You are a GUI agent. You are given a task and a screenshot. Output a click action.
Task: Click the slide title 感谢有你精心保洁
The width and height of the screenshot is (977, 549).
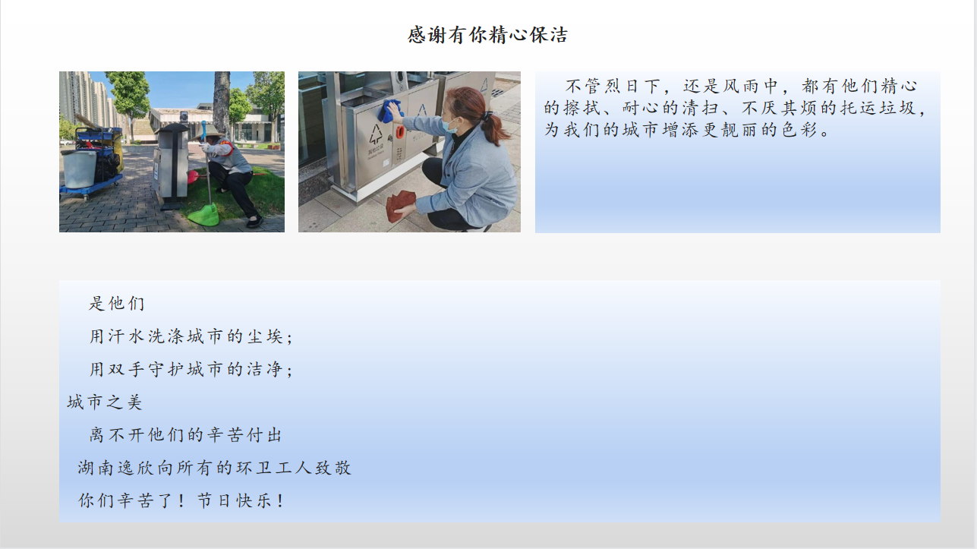pos(487,35)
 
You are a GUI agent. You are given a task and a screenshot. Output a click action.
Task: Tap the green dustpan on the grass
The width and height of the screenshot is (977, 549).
pos(204,214)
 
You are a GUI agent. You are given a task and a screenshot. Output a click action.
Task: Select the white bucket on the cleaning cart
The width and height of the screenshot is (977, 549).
pos(80,169)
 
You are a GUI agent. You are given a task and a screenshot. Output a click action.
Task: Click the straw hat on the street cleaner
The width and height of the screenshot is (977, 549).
pos(207,131)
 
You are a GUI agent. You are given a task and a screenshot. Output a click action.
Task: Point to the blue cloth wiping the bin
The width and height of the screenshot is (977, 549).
pos(389,111)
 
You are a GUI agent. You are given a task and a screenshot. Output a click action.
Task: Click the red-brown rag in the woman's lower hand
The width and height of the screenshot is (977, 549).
pos(400,206)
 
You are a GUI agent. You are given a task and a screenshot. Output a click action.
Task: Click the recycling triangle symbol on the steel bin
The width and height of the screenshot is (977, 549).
pos(376,134)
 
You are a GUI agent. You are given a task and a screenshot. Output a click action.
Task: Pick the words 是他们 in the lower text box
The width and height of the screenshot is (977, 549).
pos(116,303)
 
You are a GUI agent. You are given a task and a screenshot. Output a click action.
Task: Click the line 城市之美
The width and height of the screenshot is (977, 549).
pos(105,402)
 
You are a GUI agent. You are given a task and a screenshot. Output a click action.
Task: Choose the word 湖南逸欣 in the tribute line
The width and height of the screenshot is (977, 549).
pos(115,468)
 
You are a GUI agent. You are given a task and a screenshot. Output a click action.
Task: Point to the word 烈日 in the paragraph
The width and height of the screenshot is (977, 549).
pos(622,86)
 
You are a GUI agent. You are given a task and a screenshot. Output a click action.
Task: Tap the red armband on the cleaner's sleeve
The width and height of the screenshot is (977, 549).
pos(226,147)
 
